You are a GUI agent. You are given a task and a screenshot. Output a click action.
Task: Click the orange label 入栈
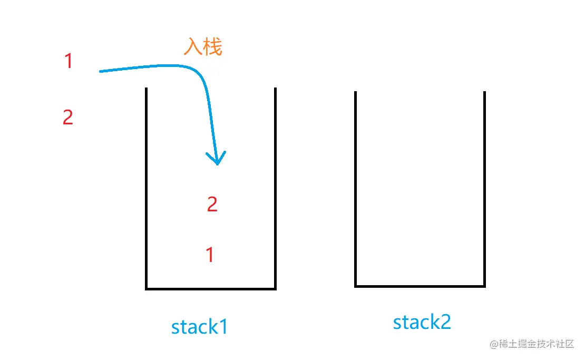point(203,47)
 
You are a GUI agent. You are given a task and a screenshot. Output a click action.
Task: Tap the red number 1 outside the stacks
point(68,62)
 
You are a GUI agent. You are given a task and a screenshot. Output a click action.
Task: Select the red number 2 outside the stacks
point(67,117)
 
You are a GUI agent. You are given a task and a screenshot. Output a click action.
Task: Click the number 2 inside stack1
point(212,204)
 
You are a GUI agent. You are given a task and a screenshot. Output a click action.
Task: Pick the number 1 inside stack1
point(210,255)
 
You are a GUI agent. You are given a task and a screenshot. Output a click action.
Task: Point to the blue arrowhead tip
point(217,164)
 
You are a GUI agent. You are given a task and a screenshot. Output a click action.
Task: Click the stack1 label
point(199,327)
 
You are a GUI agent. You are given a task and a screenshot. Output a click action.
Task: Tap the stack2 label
point(422,322)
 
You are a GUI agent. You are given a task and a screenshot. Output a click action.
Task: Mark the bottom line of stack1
point(211,288)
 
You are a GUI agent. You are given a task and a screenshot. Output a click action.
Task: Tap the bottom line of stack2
point(420,286)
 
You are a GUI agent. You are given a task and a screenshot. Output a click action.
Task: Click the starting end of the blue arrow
point(100,71)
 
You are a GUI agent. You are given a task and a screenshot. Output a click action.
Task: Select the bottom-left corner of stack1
point(147,288)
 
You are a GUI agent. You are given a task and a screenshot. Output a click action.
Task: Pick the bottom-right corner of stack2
point(484,286)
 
